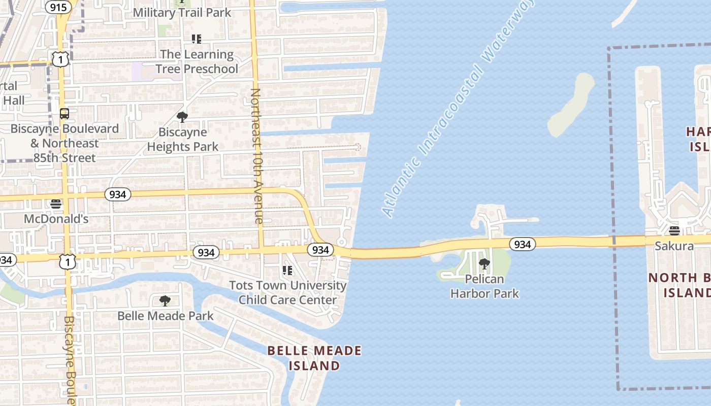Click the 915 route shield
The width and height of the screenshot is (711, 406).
58,7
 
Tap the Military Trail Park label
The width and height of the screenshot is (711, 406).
182,13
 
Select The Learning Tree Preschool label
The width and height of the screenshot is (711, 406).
197,61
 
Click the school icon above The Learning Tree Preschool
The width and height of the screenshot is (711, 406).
197,39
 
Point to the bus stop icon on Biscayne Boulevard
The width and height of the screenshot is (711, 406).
64,114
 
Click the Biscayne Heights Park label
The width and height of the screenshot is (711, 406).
182,140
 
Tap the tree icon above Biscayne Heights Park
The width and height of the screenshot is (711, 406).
182,118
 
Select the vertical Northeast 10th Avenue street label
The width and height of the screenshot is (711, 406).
257,156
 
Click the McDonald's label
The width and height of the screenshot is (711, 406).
56,219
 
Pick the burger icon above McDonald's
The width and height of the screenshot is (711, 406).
56,204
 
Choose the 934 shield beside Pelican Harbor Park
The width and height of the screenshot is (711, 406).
522,245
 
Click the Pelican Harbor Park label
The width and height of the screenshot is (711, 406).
484,286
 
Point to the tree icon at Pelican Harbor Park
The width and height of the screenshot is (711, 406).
484,263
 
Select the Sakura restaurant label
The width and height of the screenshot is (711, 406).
674,246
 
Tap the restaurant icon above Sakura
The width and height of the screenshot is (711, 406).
674,231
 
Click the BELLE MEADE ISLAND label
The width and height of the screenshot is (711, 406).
314,358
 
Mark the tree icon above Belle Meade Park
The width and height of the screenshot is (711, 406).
165,301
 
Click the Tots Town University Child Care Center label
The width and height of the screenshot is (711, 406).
288,292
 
